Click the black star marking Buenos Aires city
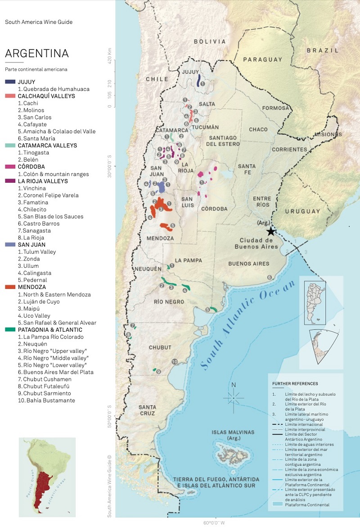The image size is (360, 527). [270, 231]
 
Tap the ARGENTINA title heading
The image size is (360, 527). [37, 54]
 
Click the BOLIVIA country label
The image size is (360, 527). [210, 41]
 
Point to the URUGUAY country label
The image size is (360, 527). [301, 211]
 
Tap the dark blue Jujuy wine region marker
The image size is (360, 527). [198, 81]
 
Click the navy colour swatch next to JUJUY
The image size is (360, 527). [10, 82]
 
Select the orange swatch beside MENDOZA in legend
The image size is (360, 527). [10, 287]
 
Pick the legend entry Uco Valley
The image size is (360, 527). [35, 315]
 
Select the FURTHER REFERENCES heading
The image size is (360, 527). [295, 383]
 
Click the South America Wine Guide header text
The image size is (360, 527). [39, 22]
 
